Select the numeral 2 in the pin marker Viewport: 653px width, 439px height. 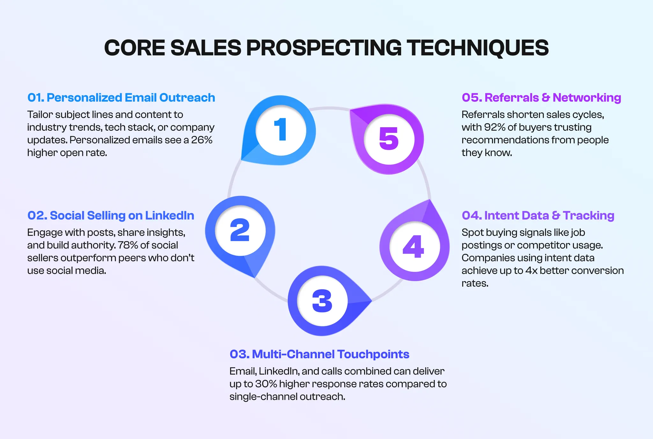240,230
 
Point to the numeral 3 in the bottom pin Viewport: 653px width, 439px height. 322,301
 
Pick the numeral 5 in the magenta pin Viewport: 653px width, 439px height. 389,139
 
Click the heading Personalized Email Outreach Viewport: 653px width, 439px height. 121,98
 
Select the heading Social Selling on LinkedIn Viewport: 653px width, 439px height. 111,216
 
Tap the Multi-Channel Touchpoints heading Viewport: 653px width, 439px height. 319,354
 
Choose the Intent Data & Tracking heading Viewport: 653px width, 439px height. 538,216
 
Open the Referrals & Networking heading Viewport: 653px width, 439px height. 541,98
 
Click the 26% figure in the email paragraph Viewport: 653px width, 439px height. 202,140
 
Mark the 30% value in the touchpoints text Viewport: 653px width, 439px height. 266,384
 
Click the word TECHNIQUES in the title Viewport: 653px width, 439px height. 478,48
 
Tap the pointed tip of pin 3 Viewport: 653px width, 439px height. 371,301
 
